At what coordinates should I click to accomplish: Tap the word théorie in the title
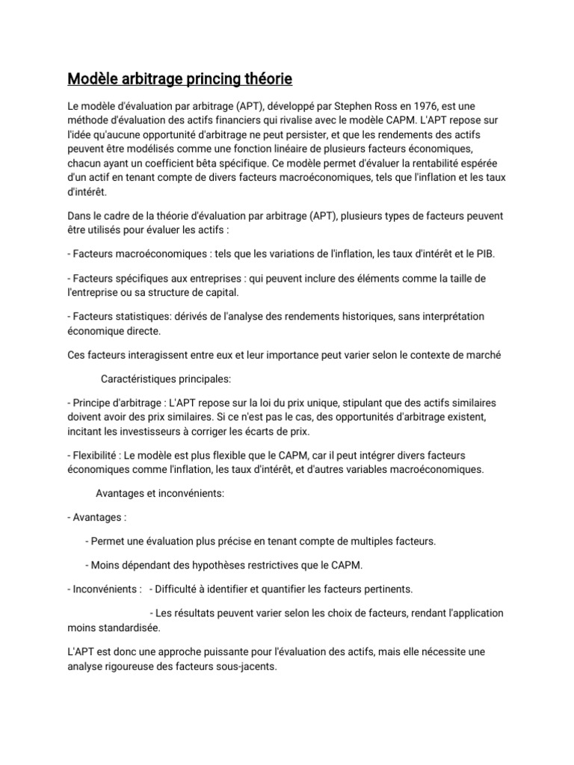[265, 78]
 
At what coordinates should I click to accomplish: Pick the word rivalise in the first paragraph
[299, 121]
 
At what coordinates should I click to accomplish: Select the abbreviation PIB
[485, 253]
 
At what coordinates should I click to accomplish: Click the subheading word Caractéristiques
[141, 379]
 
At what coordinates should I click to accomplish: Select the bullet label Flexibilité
[96, 455]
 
